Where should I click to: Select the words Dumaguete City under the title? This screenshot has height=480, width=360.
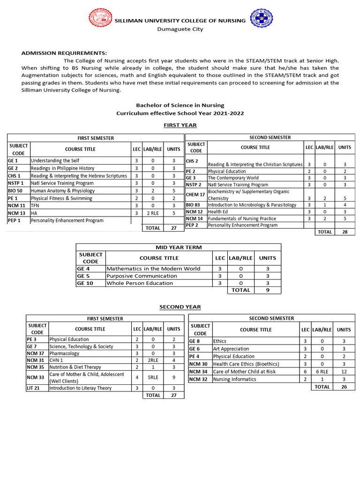(x=180, y=29)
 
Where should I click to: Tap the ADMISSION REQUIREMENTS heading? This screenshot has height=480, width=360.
(x=64, y=52)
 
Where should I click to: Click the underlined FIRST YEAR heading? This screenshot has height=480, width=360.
(x=180, y=125)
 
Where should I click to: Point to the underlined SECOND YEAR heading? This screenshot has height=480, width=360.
(x=180, y=307)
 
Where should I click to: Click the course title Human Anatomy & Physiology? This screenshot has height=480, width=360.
(x=63, y=191)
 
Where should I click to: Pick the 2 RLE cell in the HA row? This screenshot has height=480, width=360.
(x=152, y=213)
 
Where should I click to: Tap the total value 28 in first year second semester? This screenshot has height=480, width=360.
(x=345, y=232)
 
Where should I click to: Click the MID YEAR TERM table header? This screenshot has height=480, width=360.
(x=178, y=247)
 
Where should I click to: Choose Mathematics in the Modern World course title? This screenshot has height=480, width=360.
(x=153, y=269)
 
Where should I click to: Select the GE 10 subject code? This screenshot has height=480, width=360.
(x=86, y=283)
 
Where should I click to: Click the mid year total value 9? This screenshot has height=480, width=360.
(x=268, y=290)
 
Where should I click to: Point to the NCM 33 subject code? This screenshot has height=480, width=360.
(x=35, y=377)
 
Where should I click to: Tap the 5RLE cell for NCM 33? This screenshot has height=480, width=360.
(x=152, y=377)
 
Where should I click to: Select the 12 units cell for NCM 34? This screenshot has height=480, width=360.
(x=344, y=372)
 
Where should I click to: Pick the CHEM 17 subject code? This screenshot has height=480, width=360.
(x=195, y=195)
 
